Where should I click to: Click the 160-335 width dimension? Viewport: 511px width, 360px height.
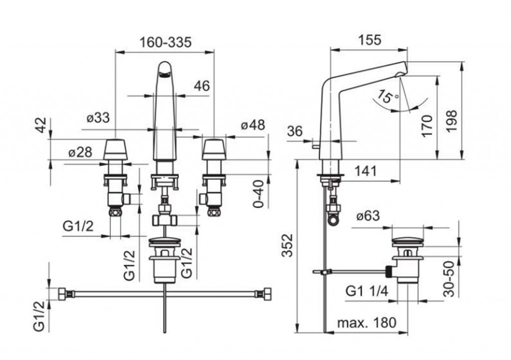coord(165,43)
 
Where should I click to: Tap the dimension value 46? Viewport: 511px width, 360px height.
coord(202,86)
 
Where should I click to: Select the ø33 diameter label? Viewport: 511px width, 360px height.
coord(97,119)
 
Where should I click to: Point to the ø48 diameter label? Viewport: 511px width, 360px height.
coord(253,125)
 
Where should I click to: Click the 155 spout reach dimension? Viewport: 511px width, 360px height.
coord(369,40)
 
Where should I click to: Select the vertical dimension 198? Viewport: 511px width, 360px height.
coord(451,120)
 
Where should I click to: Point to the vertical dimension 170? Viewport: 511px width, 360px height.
coord(426,127)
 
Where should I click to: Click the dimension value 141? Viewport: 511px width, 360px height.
coord(367,171)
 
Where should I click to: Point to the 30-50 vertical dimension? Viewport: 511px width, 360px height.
coord(450,279)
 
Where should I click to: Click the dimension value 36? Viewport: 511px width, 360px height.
coord(295,131)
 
